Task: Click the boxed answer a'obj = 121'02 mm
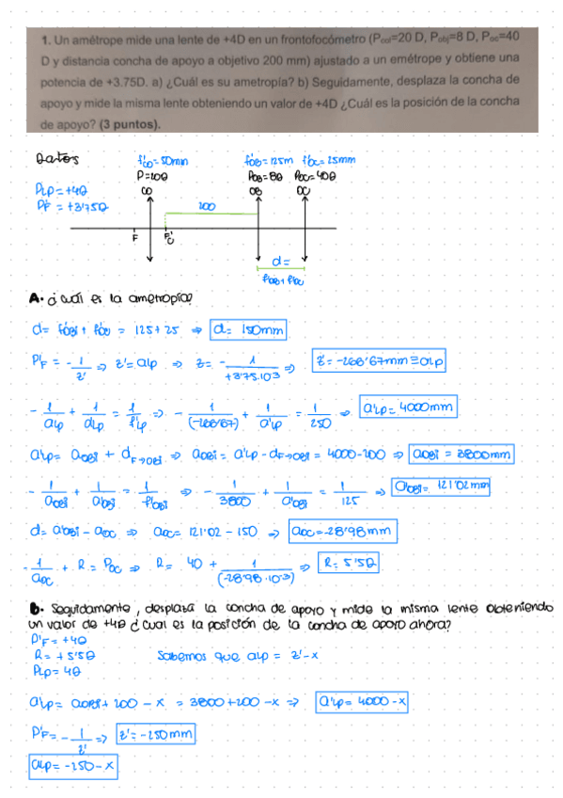point(442,488)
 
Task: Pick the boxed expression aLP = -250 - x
point(73,767)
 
